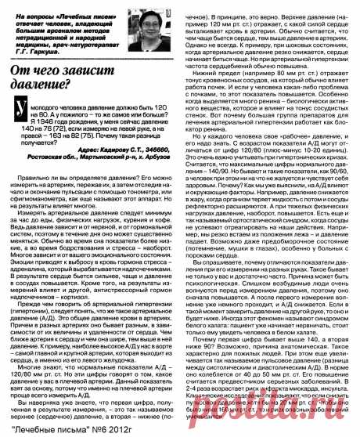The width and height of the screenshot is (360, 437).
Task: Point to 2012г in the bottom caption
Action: click(x=134, y=429)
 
